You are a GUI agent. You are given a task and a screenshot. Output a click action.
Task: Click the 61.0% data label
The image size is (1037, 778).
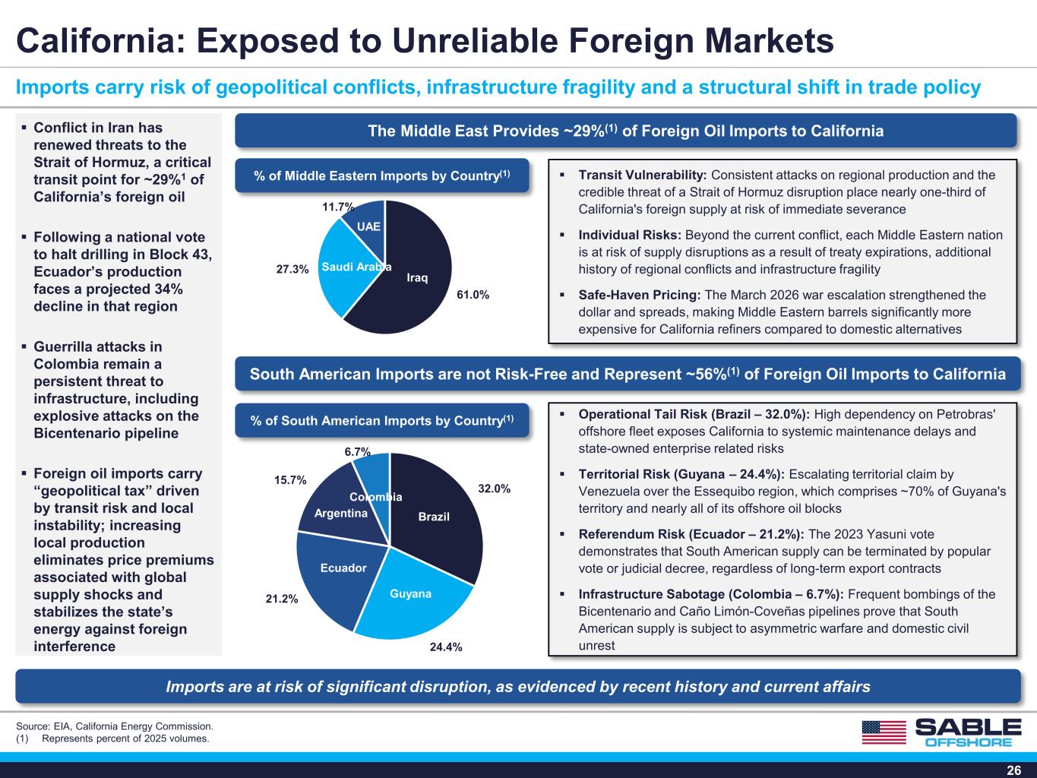click(x=473, y=295)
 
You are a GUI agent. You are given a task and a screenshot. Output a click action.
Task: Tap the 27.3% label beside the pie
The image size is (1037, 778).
click(x=292, y=269)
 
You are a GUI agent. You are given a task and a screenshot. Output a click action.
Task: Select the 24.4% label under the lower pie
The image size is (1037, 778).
click(x=446, y=647)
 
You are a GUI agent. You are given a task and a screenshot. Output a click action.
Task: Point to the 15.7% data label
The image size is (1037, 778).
click(x=290, y=480)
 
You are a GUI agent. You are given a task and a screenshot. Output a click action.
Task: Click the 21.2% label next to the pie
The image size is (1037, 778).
click(x=282, y=599)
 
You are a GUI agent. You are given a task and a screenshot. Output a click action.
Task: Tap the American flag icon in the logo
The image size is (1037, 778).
click(x=884, y=732)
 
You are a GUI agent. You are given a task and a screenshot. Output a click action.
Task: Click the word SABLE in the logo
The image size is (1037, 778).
click(x=968, y=727)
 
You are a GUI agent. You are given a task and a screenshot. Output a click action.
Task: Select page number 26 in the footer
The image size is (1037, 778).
click(x=1014, y=770)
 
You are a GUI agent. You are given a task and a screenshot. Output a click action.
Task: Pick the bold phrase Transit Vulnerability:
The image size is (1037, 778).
click(x=643, y=175)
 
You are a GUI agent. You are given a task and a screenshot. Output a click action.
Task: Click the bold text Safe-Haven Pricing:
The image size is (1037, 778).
click(x=640, y=296)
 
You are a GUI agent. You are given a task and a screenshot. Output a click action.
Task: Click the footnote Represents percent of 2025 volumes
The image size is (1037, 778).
click(x=125, y=738)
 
